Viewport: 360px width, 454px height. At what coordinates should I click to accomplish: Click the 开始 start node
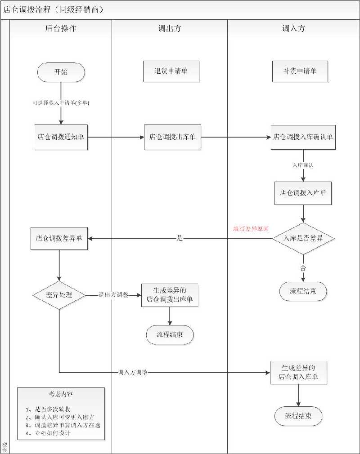[x=61, y=72]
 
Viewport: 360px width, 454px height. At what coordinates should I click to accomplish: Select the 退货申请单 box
[x=171, y=71]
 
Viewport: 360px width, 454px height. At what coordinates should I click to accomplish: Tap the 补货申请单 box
[x=300, y=71]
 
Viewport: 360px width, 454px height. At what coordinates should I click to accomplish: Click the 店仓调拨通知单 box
[x=61, y=137]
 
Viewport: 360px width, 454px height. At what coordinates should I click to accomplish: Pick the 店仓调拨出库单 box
[x=172, y=137]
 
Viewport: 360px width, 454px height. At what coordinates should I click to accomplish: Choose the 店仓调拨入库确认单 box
[x=303, y=137]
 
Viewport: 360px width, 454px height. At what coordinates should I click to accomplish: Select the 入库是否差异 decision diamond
[x=303, y=239]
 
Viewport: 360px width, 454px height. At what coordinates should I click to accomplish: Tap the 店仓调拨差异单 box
[x=59, y=238]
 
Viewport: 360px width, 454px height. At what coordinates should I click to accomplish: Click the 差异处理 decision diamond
[x=59, y=295]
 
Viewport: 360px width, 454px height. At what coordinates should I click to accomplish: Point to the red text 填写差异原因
[x=251, y=229]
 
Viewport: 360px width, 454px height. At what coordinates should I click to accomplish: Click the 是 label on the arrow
[x=180, y=239]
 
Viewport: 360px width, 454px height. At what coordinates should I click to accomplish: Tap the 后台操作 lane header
[x=61, y=29]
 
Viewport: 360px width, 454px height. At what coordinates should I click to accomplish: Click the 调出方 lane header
[x=170, y=29]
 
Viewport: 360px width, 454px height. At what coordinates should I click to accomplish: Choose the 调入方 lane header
[x=293, y=29]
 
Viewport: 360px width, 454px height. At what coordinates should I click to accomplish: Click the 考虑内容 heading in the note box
[x=61, y=394]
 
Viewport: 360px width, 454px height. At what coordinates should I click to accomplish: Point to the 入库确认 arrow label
[x=303, y=165]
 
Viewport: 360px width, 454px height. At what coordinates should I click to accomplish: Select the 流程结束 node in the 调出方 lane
[x=170, y=334]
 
